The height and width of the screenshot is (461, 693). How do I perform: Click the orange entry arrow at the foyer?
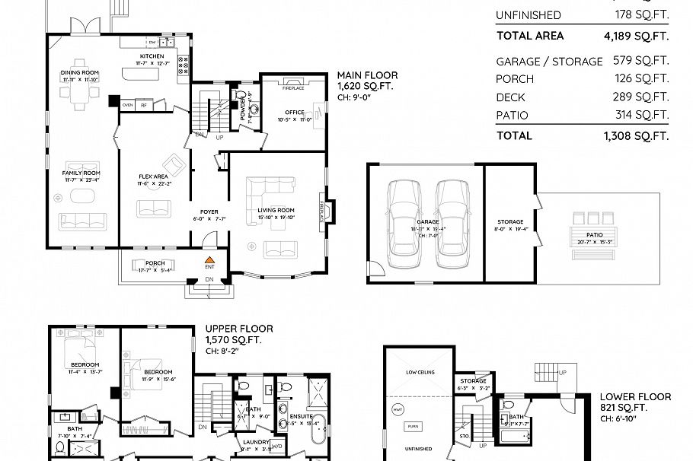pyautogui.click(x=209, y=259)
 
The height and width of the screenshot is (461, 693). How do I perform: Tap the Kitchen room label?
pyautogui.click(x=152, y=56)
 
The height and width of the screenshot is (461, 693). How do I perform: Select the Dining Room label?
pyautogui.click(x=80, y=73)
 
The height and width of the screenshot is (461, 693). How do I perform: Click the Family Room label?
pyautogui.click(x=81, y=173)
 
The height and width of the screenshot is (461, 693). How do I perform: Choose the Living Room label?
pyautogui.click(x=276, y=210)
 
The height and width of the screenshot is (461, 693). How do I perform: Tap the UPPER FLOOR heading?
pyautogui.click(x=239, y=329)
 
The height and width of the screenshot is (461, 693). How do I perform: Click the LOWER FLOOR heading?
pyautogui.click(x=635, y=396)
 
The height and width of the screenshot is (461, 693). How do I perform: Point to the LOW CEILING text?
pyautogui.click(x=420, y=373)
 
